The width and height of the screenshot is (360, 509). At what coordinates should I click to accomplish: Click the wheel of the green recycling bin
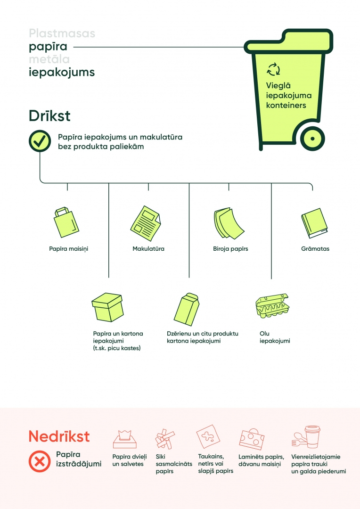312,139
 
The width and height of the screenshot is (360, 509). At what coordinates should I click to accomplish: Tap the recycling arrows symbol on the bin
273,69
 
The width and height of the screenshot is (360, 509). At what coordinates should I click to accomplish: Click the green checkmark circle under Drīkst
40,141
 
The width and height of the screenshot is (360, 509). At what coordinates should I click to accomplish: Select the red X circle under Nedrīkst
40,461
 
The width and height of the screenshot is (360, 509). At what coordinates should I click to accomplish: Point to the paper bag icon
66,222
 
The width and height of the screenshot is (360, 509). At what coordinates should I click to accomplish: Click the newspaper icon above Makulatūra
146,223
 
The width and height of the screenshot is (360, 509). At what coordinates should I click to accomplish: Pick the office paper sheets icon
229,223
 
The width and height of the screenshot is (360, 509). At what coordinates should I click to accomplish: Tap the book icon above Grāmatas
314,223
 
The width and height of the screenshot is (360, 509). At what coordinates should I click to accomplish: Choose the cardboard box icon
107,307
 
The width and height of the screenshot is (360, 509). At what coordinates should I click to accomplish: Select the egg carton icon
272,306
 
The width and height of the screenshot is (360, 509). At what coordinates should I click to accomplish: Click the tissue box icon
125,439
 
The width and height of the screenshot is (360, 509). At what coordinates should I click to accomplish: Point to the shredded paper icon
165,439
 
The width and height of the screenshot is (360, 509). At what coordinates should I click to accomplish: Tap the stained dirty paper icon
208,436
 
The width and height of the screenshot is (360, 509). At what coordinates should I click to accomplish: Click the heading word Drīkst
49,116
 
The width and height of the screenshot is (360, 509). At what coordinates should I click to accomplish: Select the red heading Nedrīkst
59,436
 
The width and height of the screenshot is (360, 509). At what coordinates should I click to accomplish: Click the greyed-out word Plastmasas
62,33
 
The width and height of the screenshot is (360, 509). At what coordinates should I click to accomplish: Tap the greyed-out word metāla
49,59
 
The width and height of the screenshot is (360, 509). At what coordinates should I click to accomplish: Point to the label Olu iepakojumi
275,337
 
